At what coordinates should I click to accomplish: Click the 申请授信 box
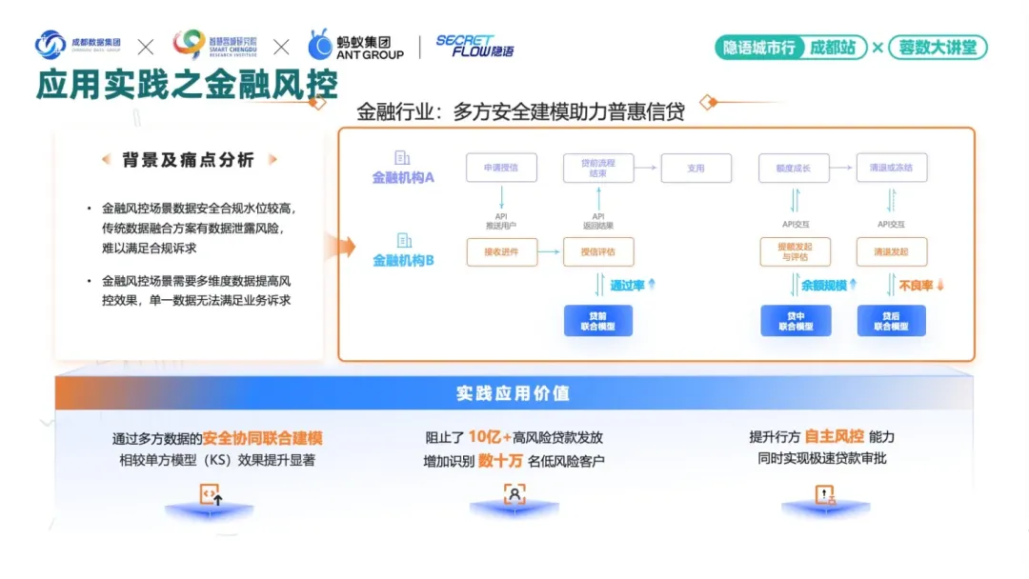(x=501, y=168)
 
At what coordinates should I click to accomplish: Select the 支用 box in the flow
(x=696, y=168)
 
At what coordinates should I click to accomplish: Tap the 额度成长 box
(x=794, y=168)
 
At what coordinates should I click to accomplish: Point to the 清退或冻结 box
(x=891, y=168)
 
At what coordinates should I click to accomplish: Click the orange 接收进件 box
(x=501, y=252)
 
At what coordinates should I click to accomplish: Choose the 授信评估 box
(x=598, y=252)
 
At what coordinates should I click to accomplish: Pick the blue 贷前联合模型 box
(x=598, y=320)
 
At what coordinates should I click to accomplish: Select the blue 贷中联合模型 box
(x=796, y=320)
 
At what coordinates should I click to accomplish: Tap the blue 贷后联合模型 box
(x=892, y=320)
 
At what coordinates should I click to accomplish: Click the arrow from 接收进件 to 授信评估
(x=550, y=252)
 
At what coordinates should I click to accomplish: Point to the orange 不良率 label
(x=917, y=285)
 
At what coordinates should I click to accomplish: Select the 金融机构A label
(x=403, y=177)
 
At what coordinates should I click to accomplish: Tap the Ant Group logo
(x=356, y=46)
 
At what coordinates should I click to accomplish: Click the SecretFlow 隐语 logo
(x=474, y=46)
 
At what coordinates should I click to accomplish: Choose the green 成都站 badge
(x=833, y=48)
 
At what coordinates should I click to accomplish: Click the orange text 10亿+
(x=490, y=437)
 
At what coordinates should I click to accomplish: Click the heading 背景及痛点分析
(x=189, y=160)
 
